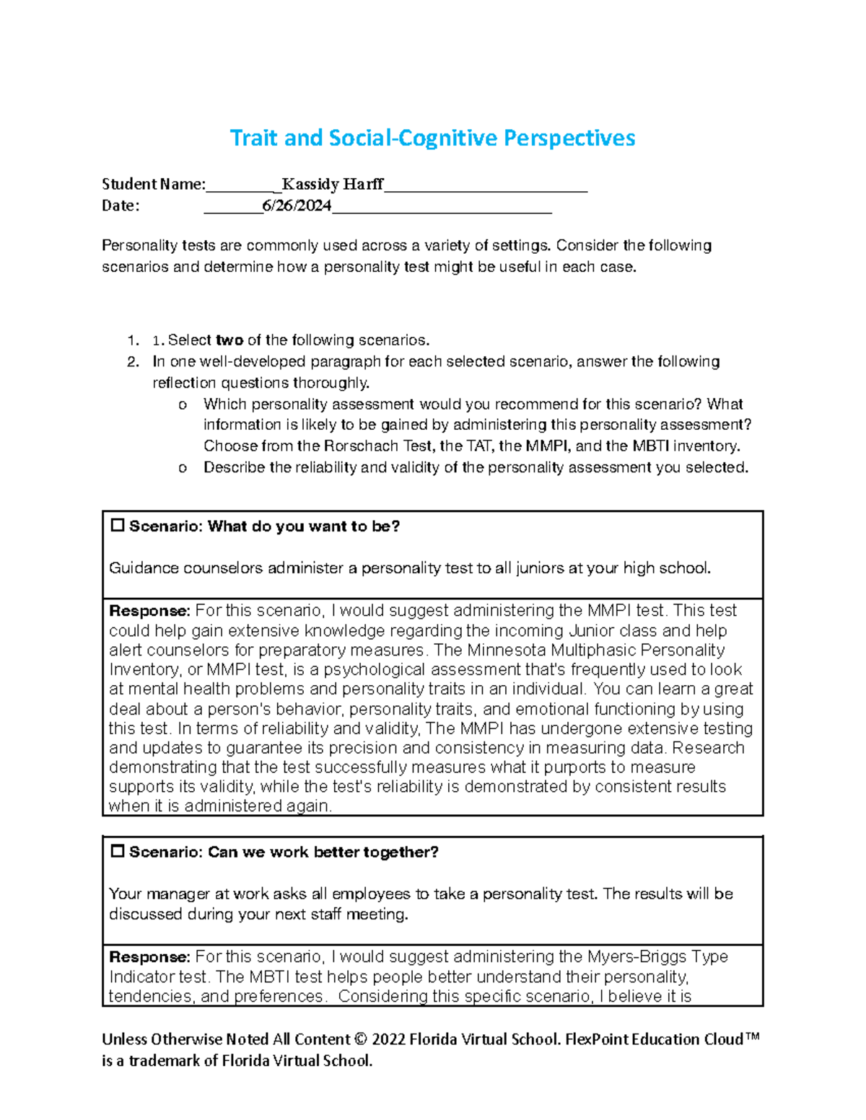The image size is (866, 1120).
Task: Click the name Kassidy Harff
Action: (332, 185)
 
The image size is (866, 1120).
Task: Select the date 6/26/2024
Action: (297, 206)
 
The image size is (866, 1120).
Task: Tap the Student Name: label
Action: (154, 185)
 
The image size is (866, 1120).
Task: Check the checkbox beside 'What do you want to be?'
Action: (118, 526)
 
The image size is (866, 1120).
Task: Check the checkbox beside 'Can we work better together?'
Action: (118, 852)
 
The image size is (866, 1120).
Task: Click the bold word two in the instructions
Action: (229, 340)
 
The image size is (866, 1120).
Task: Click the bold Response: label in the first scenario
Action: (149, 611)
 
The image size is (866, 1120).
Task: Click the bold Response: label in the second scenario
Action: (149, 957)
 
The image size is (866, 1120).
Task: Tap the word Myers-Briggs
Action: (637, 957)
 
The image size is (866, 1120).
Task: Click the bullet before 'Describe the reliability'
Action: (182, 468)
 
